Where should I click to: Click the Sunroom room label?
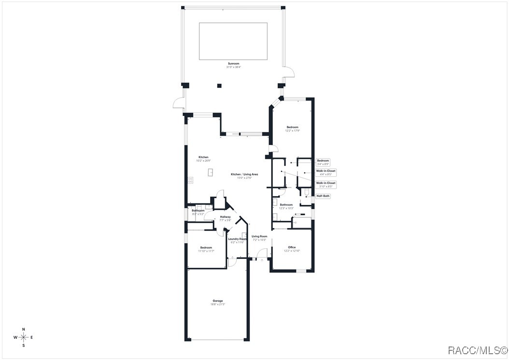[234, 63]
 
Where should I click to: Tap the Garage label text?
[217, 301]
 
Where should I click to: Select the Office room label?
[292, 247]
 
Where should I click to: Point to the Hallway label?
[226, 217]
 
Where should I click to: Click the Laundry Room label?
[237, 239]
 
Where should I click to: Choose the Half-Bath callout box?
[323, 196]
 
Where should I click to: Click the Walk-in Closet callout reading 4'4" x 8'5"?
[326, 173]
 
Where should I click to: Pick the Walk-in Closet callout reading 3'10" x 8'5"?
[326, 185]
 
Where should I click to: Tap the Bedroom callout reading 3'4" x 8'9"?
[323, 162]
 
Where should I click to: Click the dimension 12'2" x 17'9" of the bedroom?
[293, 130]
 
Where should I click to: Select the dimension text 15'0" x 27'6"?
[244, 178]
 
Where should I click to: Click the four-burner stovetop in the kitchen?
[191, 181]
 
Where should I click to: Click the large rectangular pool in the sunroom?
[233, 41]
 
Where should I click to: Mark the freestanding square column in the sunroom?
[219, 86]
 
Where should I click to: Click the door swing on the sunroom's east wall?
[289, 72]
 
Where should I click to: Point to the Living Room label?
[259, 236]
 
